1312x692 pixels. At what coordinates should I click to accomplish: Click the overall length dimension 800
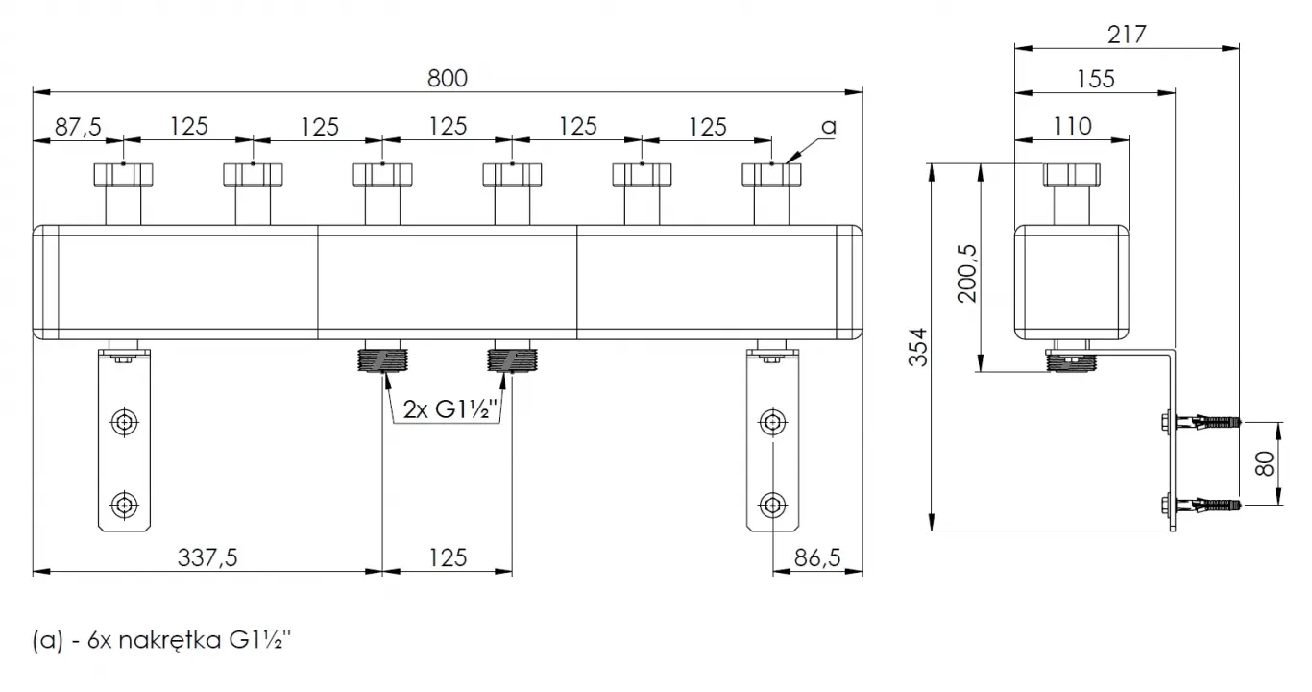pos(447,78)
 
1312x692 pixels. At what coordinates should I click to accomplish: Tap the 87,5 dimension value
pos(78,127)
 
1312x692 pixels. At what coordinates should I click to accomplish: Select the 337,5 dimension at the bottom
pos(207,557)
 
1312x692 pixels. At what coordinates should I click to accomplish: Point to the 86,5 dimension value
pos(817,557)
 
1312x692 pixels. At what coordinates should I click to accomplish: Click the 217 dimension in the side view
pos(1127,35)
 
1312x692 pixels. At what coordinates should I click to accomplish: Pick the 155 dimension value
pos(1095,79)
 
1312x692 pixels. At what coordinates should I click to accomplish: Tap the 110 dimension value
pos(1073,126)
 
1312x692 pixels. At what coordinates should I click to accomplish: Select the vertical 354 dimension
pos(918,347)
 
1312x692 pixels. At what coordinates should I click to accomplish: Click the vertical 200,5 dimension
pos(967,273)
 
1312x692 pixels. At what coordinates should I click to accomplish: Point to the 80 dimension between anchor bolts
pos(1265,463)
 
